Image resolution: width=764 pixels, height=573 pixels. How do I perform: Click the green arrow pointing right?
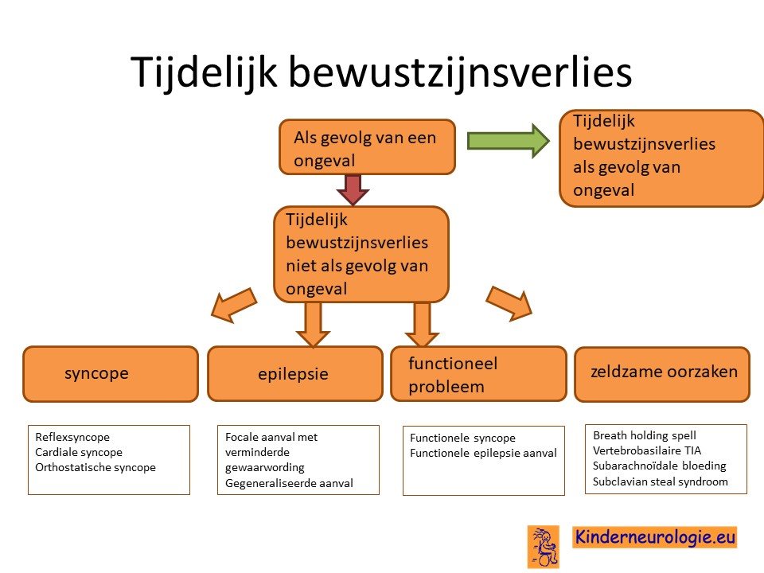[509, 141]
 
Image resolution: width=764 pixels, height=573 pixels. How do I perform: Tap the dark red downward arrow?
[353, 189]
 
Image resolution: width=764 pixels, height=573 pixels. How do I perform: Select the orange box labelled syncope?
[111, 374]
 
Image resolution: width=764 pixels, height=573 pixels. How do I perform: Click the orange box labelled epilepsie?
[294, 374]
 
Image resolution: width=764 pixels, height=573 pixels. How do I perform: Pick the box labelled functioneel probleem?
[478, 374]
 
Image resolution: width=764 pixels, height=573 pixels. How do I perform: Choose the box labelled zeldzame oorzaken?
[662, 374]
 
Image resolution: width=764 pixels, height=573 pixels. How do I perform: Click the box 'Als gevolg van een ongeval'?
[367, 146]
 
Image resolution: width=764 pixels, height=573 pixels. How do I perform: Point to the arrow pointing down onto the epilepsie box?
[313, 325]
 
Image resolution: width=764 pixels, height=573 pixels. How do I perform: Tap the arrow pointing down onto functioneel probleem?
[422, 325]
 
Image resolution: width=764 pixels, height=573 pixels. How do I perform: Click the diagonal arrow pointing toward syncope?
[234, 305]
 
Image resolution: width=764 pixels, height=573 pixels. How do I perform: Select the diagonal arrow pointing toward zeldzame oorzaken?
[509, 303]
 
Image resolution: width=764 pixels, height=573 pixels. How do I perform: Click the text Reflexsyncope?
[72, 437]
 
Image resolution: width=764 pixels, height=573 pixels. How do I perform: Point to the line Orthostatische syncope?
[95, 467]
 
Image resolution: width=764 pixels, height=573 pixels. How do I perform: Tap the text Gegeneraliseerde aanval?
[289, 483]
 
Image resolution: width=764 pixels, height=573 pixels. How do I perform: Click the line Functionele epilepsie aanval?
[483, 453]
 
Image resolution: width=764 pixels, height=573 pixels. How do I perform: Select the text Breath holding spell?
[644, 435]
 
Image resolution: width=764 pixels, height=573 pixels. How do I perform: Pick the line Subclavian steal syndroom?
[661, 481]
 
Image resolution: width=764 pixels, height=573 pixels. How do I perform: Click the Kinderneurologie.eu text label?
[654, 537]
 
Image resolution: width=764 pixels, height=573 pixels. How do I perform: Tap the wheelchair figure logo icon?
[544, 547]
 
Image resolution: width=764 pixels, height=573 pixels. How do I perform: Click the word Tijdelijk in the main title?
[204, 72]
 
